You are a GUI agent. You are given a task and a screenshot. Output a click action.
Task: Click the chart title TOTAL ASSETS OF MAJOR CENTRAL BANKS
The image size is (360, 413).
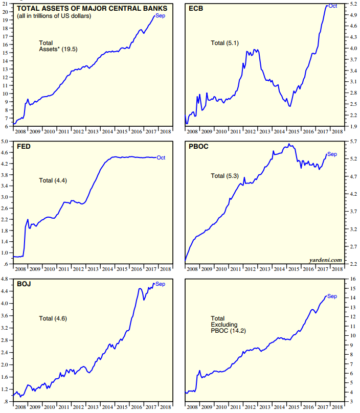coord(92,8)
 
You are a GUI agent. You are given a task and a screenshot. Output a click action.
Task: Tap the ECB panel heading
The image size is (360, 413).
coord(196,8)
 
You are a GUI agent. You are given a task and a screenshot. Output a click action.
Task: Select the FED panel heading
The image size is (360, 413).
coord(24,147)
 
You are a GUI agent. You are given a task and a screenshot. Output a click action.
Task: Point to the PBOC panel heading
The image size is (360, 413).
coord(198,147)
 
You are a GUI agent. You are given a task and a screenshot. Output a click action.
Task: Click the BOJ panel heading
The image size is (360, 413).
coord(24,284)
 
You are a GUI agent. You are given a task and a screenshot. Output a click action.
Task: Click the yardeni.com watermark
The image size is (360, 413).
coord(325,260)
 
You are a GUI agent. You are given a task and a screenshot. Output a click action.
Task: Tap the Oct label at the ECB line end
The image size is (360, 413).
coord(332,6)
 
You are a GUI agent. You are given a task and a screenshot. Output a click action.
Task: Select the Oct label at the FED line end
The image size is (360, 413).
coord(161,157)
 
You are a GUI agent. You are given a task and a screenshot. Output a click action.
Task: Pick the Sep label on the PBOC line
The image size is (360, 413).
coord(332,154)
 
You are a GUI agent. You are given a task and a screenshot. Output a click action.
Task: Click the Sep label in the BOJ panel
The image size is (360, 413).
coord(160,284)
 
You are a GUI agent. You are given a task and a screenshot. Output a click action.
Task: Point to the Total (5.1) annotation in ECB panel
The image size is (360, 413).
coord(225,43)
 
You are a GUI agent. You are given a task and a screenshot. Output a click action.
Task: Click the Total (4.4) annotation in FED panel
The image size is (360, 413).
coord(53,180)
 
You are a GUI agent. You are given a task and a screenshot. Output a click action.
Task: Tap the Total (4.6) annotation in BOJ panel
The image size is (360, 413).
coord(53,318)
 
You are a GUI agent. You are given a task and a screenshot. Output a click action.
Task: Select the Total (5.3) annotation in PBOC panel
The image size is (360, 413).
coord(225,176)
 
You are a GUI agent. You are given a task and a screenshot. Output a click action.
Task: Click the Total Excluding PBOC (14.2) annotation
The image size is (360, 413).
coord(228,325)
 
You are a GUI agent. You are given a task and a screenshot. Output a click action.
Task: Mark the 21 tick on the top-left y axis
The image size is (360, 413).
coord(5,4)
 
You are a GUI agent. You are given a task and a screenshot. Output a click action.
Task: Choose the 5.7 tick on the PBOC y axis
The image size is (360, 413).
coord(353,142)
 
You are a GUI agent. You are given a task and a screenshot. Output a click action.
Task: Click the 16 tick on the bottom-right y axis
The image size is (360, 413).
coord(353,279)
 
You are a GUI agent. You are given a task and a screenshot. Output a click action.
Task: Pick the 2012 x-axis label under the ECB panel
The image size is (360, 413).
coord(250,131)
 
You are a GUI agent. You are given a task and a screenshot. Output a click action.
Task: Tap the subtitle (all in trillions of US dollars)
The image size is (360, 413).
coord(54,16)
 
